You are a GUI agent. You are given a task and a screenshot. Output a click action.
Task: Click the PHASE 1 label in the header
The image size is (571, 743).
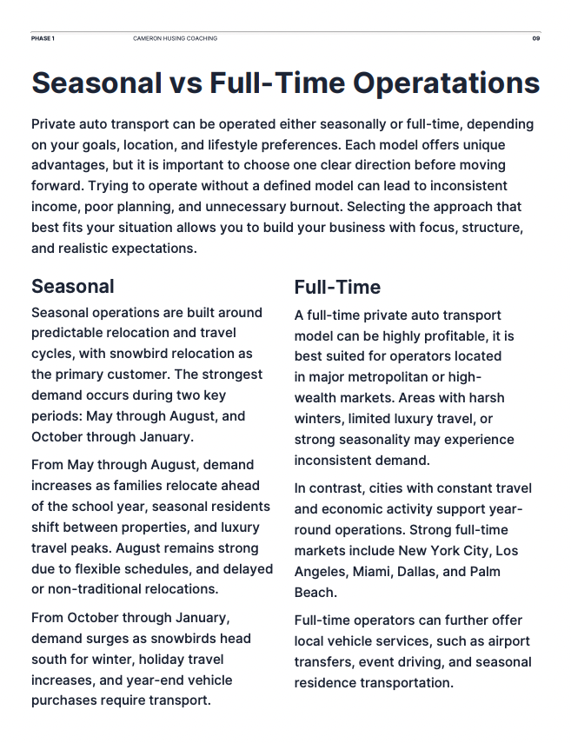pos(43,39)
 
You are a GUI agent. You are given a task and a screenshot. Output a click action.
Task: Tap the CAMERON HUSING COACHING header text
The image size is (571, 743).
pos(175,39)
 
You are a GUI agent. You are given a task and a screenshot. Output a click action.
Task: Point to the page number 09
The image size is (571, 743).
pos(536,39)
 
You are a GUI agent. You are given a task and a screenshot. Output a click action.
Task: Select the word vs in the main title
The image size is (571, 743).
pos(180,83)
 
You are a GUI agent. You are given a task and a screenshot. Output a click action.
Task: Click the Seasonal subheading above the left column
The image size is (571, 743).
pos(72,286)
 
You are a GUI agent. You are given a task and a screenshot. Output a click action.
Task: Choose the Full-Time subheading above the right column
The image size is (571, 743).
pos(337,287)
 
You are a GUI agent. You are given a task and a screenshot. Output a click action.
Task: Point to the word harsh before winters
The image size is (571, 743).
pos(485,398)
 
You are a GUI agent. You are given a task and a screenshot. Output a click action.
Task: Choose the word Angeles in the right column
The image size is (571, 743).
pos(322,572)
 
